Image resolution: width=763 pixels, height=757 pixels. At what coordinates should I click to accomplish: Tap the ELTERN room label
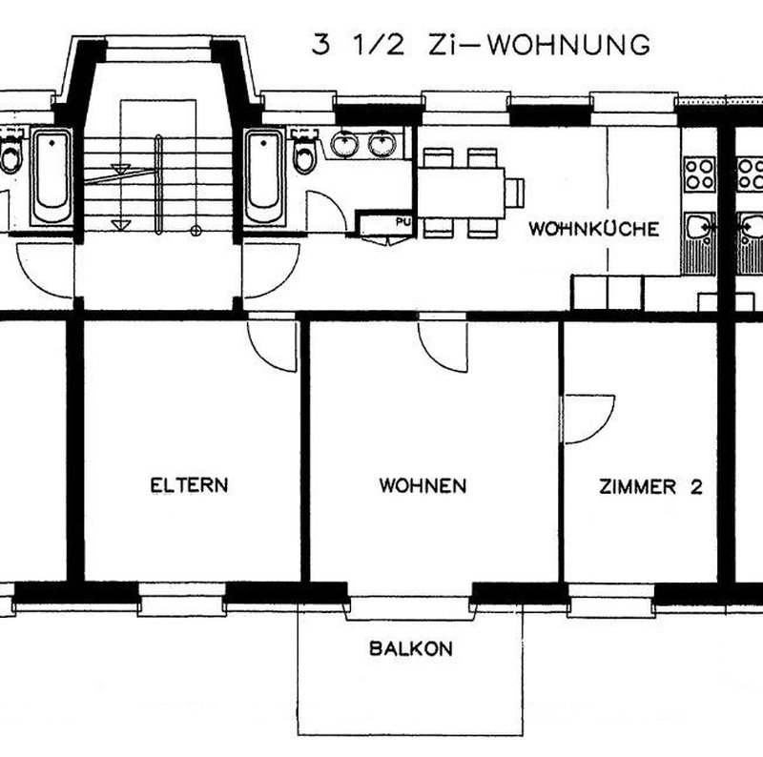coord(189,485)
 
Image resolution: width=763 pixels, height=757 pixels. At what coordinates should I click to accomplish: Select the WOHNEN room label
coord(423,486)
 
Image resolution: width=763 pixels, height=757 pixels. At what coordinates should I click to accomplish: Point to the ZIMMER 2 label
coord(650,487)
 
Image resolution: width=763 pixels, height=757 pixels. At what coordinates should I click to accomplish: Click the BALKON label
coord(410,650)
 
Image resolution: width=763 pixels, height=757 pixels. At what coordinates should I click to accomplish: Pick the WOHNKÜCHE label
coord(593,230)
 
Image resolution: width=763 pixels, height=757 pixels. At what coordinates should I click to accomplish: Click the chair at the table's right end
coord(516,192)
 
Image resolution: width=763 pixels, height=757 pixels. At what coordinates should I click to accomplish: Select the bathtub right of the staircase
coord(263,177)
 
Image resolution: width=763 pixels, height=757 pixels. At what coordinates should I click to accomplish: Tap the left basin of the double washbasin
coord(345,144)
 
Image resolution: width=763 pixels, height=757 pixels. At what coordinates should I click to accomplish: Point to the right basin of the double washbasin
coord(383,144)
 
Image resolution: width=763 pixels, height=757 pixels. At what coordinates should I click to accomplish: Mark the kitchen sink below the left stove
coord(699,228)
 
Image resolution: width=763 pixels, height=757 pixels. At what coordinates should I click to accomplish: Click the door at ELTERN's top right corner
coord(272,341)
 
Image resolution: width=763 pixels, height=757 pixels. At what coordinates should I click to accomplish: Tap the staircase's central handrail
coord(158,184)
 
